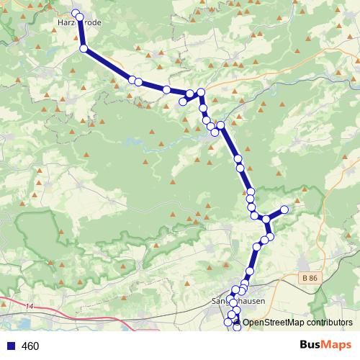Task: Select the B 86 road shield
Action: tap(310, 278)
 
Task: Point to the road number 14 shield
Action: tap(29, 307)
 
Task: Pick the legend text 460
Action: tap(30, 346)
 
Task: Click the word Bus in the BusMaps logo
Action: tap(311, 346)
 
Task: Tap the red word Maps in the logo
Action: tap(337, 346)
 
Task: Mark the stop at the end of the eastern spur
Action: tap(284, 210)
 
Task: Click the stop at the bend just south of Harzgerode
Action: tap(84, 48)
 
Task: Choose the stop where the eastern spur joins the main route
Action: tap(266, 219)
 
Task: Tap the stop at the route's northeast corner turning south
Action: tap(201, 91)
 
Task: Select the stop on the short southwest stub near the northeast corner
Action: tap(183, 102)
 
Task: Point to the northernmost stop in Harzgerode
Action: tap(76, 13)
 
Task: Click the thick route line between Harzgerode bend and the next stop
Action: tap(108, 64)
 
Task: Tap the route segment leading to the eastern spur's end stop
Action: tap(275, 214)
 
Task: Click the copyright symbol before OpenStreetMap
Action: tap(237, 323)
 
